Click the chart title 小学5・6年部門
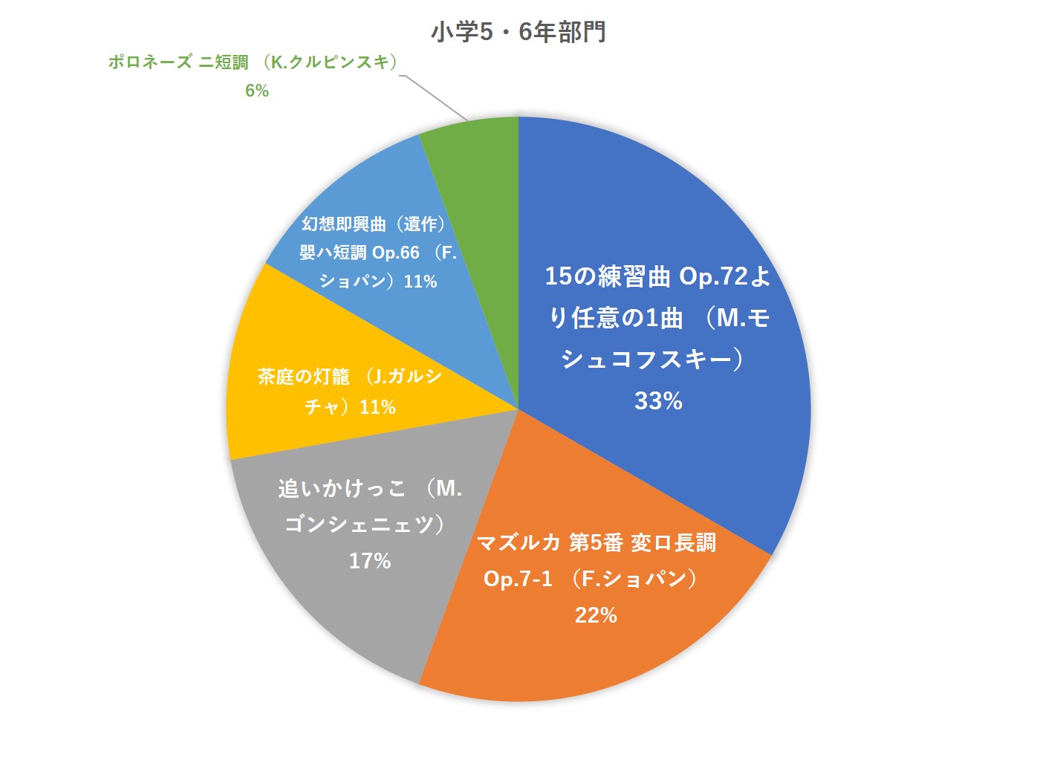518,32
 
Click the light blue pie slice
371,186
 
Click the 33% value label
658,401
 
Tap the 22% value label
596,615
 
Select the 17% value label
370,561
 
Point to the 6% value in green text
257,91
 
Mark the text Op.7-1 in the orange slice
518,579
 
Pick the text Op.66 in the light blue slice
396,253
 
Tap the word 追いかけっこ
342,488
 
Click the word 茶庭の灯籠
303,377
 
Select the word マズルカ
518,543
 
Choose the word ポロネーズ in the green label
150,62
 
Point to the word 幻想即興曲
344,224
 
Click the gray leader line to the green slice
435,97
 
